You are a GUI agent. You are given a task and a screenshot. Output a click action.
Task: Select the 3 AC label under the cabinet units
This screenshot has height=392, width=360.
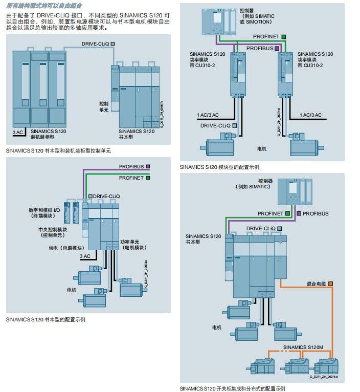[18, 132]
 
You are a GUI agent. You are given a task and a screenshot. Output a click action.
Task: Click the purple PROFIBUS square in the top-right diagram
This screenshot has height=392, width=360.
[277, 48]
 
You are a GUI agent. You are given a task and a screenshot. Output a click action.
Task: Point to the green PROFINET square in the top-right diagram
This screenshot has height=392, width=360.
[283, 37]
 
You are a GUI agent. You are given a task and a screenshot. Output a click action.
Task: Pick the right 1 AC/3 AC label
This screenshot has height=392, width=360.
[310, 115]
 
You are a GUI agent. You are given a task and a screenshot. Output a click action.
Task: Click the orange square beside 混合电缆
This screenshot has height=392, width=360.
[330, 284]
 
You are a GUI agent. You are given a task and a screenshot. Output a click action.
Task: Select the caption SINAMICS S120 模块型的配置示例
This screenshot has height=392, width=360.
[219, 167]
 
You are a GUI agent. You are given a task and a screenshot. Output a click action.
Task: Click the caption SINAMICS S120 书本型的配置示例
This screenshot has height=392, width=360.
[46, 319]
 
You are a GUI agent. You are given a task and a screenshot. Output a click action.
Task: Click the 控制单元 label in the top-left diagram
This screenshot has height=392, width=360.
[104, 106]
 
